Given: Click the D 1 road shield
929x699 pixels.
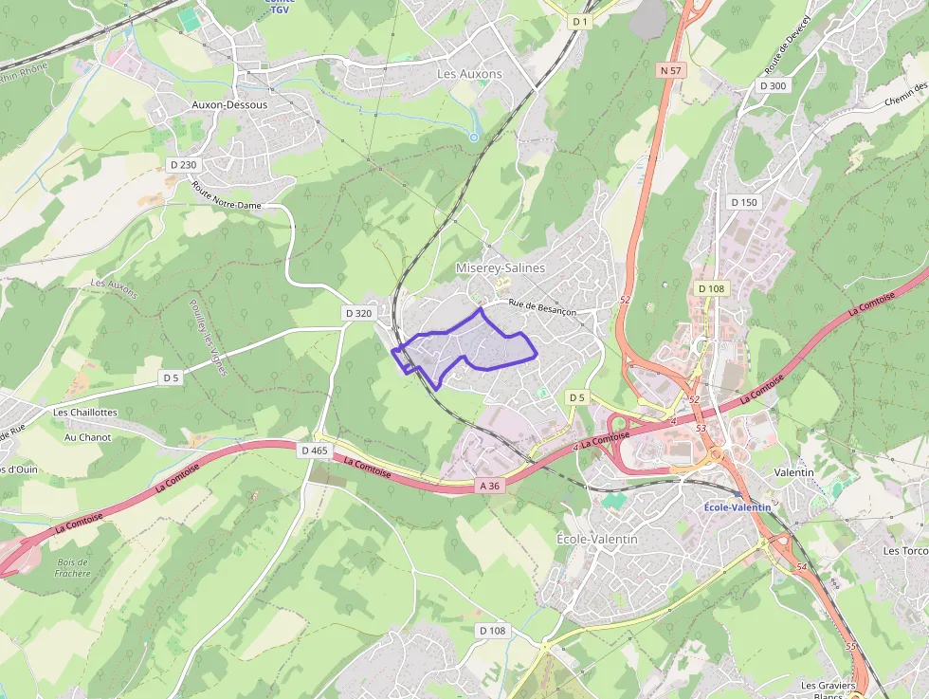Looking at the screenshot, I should pyautogui.click(x=580, y=21).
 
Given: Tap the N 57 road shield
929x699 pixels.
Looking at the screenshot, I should pyautogui.click(x=670, y=70).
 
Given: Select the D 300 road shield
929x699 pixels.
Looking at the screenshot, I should pyautogui.click(x=773, y=85).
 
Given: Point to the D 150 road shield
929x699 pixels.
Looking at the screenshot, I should pyautogui.click(x=744, y=202).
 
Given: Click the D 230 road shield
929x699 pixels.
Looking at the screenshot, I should pyautogui.click(x=182, y=164).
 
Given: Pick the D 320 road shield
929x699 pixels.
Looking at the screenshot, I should pyautogui.click(x=359, y=313).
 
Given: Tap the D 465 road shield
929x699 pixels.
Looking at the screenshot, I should pyautogui.click(x=313, y=451).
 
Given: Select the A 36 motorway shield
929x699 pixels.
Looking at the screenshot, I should pyautogui.click(x=489, y=486).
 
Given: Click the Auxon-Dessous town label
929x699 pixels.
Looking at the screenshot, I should pyautogui.click(x=229, y=104).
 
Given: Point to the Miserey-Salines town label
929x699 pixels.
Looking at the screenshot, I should pyautogui.click(x=501, y=267).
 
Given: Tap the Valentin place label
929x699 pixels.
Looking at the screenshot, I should pyautogui.click(x=793, y=471).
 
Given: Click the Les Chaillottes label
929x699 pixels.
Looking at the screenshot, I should pyautogui.click(x=85, y=413).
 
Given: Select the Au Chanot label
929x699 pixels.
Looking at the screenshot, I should pyautogui.click(x=88, y=437).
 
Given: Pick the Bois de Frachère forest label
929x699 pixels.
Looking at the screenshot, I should pyautogui.click(x=72, y=567).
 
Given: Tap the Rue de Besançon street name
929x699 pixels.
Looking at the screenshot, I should pyautogui.click(x=542, y=310).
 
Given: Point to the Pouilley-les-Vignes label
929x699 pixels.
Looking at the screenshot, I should pyautogui.click(x=209, y=338).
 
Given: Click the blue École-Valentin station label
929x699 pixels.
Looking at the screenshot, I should pyautogui.click(x=738, y=507).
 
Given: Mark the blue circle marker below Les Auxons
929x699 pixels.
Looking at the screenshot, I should pyautogui.click(x=474, y=138).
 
